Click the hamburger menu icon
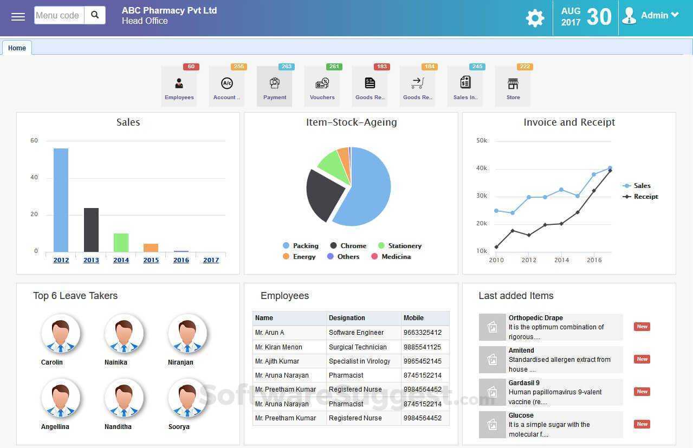pyautogui.click(x=18, y=16)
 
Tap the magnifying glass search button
pyautogui.click(x=95, y=15)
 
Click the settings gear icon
pyautogui.click(x=535, y=18)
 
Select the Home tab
pyautogui.click(x=17, y=48)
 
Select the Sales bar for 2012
pyautogui.click(x=61, y=200)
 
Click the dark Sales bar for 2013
pyautogui.click(x=91, y=230)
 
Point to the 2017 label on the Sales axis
pyautogui.click(x=211, y=260)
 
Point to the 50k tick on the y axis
pyautogui.click(x=481, y=141)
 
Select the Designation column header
pyautogui.click(x=347, y=318)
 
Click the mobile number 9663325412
pyautogui.click(x=423, y=333)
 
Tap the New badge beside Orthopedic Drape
pyautogui.click(x=642, y=327)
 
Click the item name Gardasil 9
pyautogui.click(x=524, y=383)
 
